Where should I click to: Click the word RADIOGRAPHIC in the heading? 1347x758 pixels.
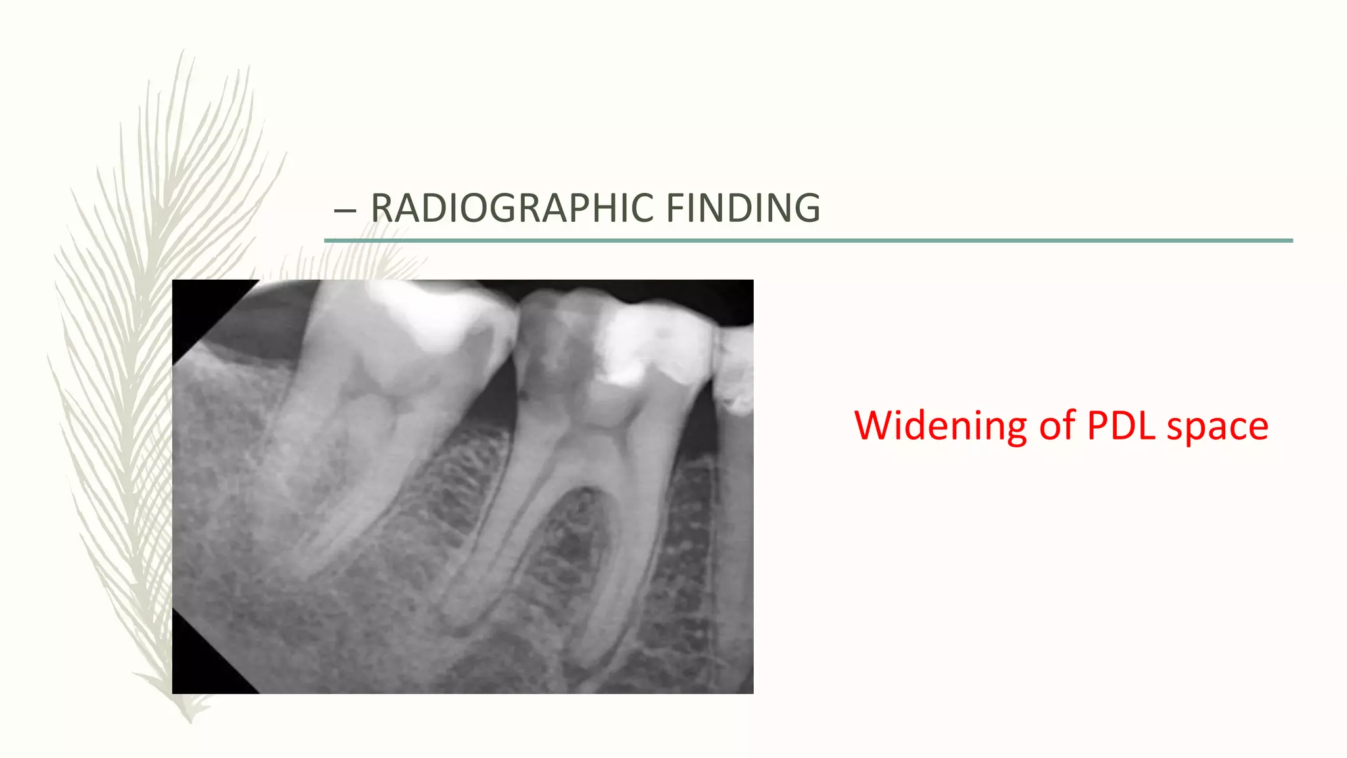point(512,208)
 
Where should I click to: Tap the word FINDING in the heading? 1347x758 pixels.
point(743,208)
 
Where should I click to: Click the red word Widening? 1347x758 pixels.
point(940,426)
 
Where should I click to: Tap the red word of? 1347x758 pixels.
point(1060,426)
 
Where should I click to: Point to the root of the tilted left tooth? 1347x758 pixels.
point(329,500)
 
